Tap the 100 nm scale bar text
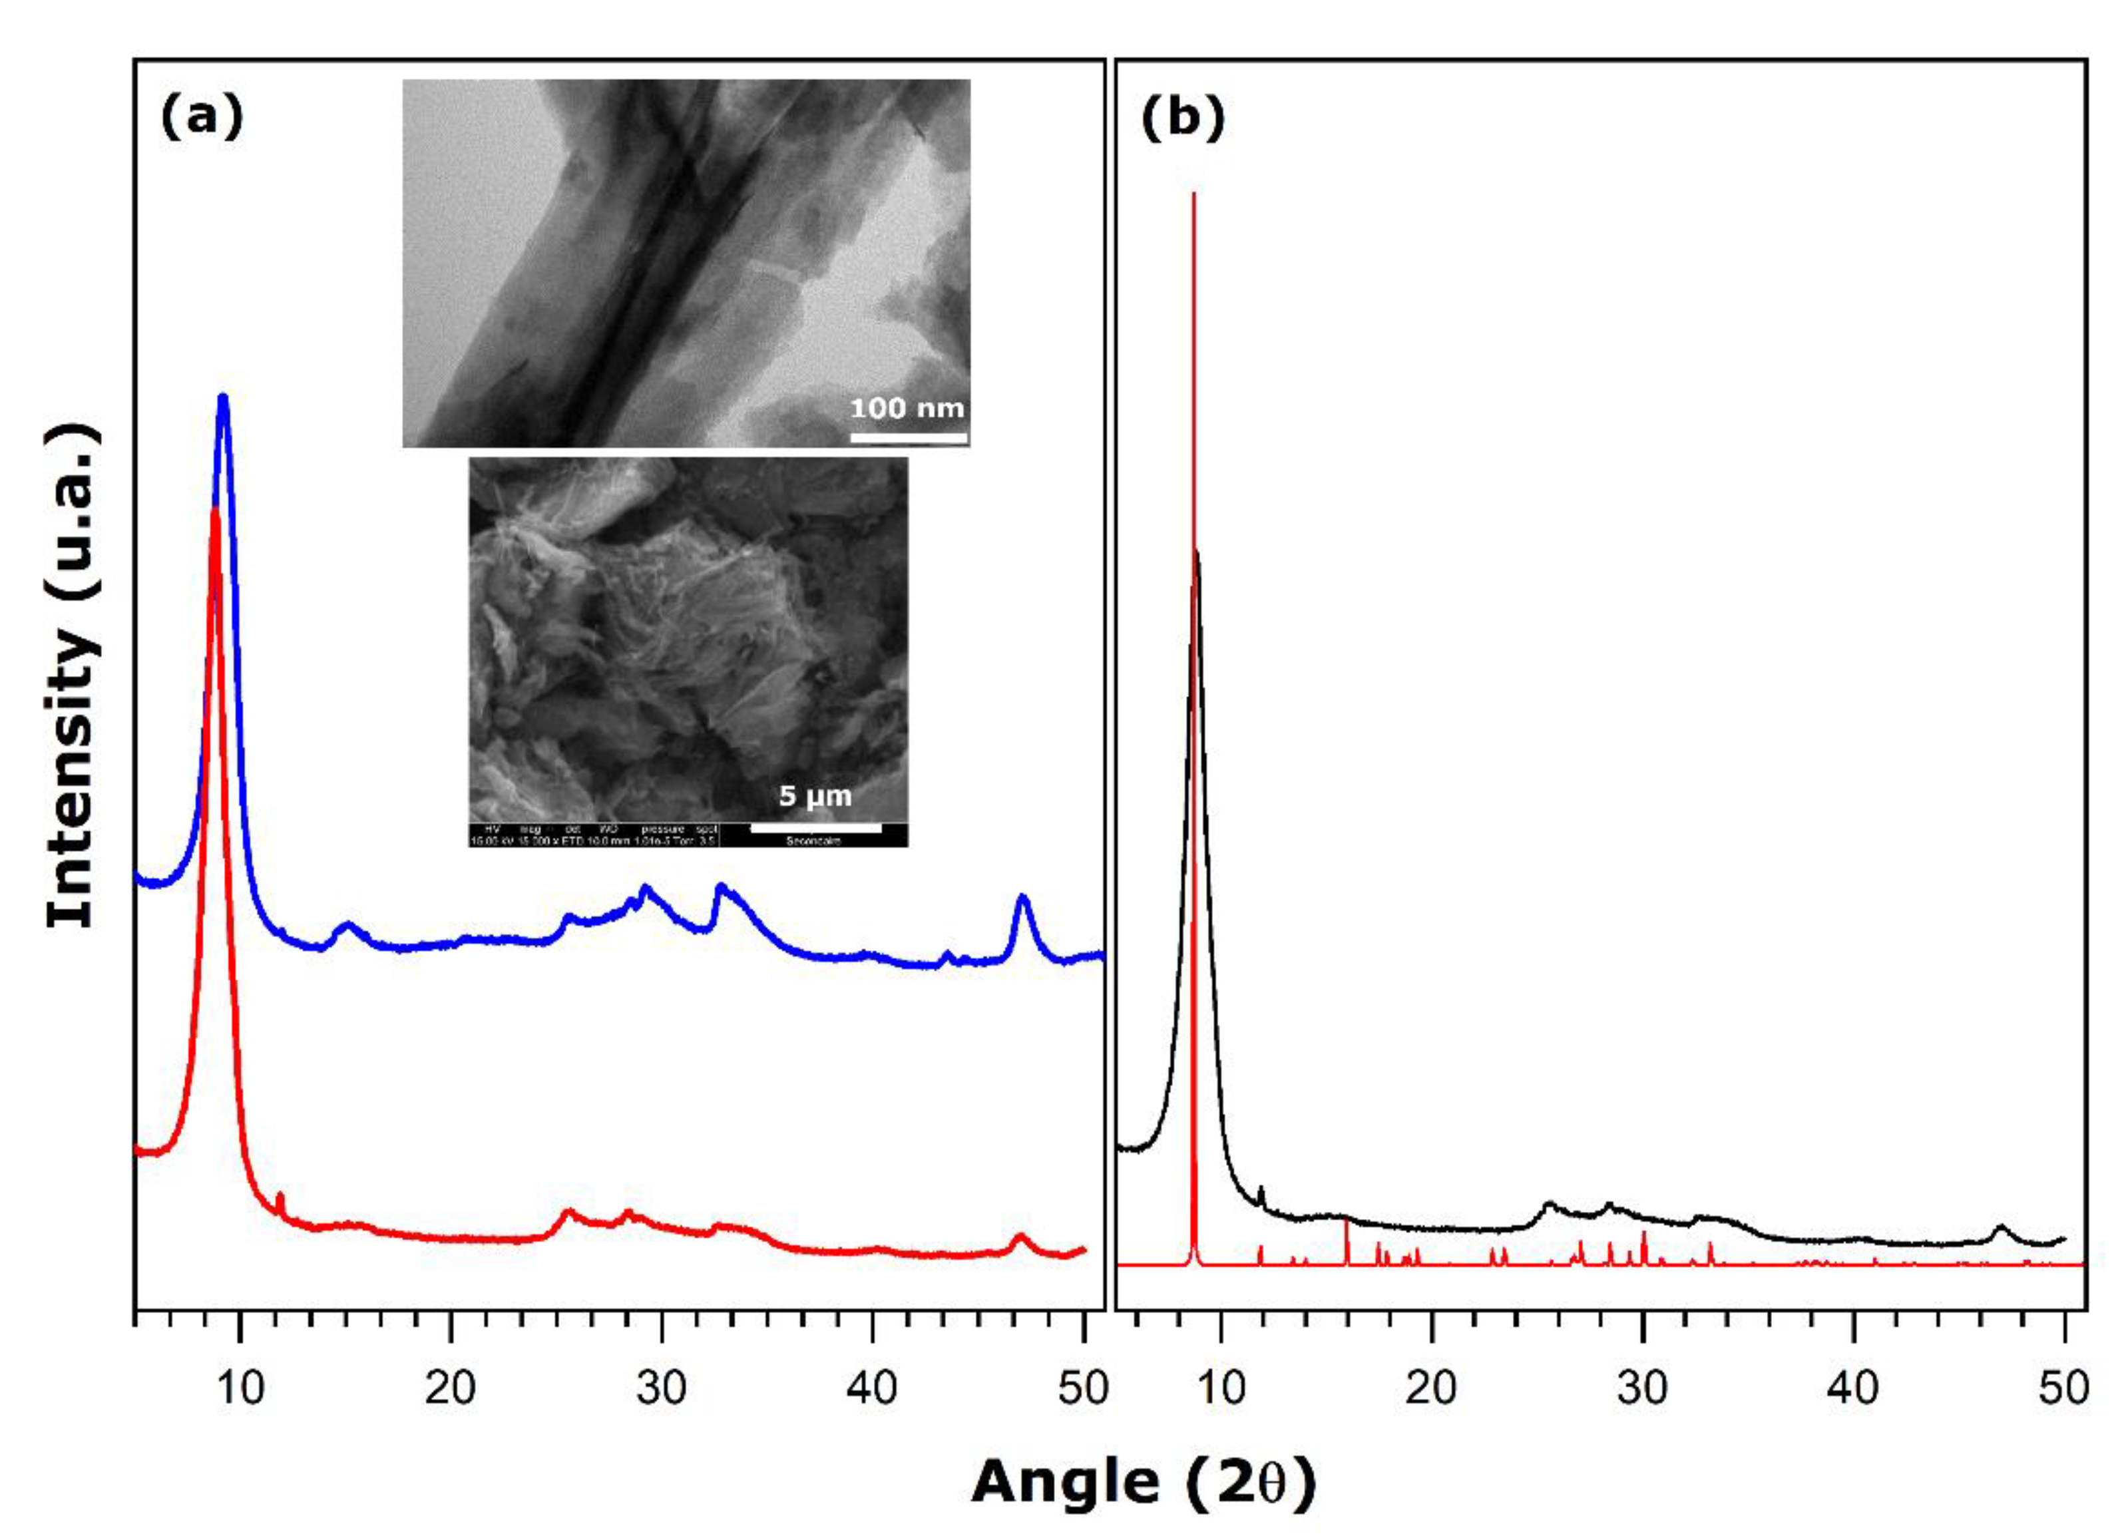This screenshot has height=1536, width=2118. coord(907,408)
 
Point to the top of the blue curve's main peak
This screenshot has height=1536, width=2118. coord(222,399)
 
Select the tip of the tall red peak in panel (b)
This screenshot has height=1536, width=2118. coord(1193,195)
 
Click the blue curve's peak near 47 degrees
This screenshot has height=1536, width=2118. coord(1022,898)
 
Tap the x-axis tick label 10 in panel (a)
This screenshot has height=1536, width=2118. coord(240,1388)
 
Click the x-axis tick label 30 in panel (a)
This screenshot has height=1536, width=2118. coord(661,1388)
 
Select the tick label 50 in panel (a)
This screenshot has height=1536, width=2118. coord(1082,1388)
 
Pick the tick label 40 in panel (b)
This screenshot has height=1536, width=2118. coord(1853,1388)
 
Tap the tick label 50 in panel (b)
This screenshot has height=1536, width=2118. coord(2063,1388)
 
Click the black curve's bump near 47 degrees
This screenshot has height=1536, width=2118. coord(2000,1228)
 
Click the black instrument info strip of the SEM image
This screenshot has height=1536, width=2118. coord(688,835)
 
